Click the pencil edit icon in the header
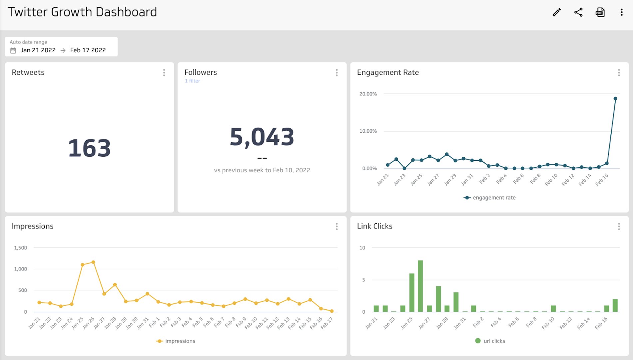point(556,13)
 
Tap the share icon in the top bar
point(578,13)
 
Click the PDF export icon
point(600,13)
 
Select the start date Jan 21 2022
point(38,50)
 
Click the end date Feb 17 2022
point(88,50)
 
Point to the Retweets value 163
point(89,148)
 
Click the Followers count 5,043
point(262,137)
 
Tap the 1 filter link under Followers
point(193,81)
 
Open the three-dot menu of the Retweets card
point(164,73)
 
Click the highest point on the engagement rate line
point(615,99)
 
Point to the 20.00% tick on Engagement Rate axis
point(368,94)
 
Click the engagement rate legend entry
point(490,198)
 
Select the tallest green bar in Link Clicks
point(420,286)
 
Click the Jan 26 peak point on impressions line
point(93,262)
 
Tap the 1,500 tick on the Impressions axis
point(21,248)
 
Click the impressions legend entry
point(176,341)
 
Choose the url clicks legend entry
point(490,341)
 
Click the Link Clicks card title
point(374,226)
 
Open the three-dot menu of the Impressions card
point(337,227)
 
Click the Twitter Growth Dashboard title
point(82,12)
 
